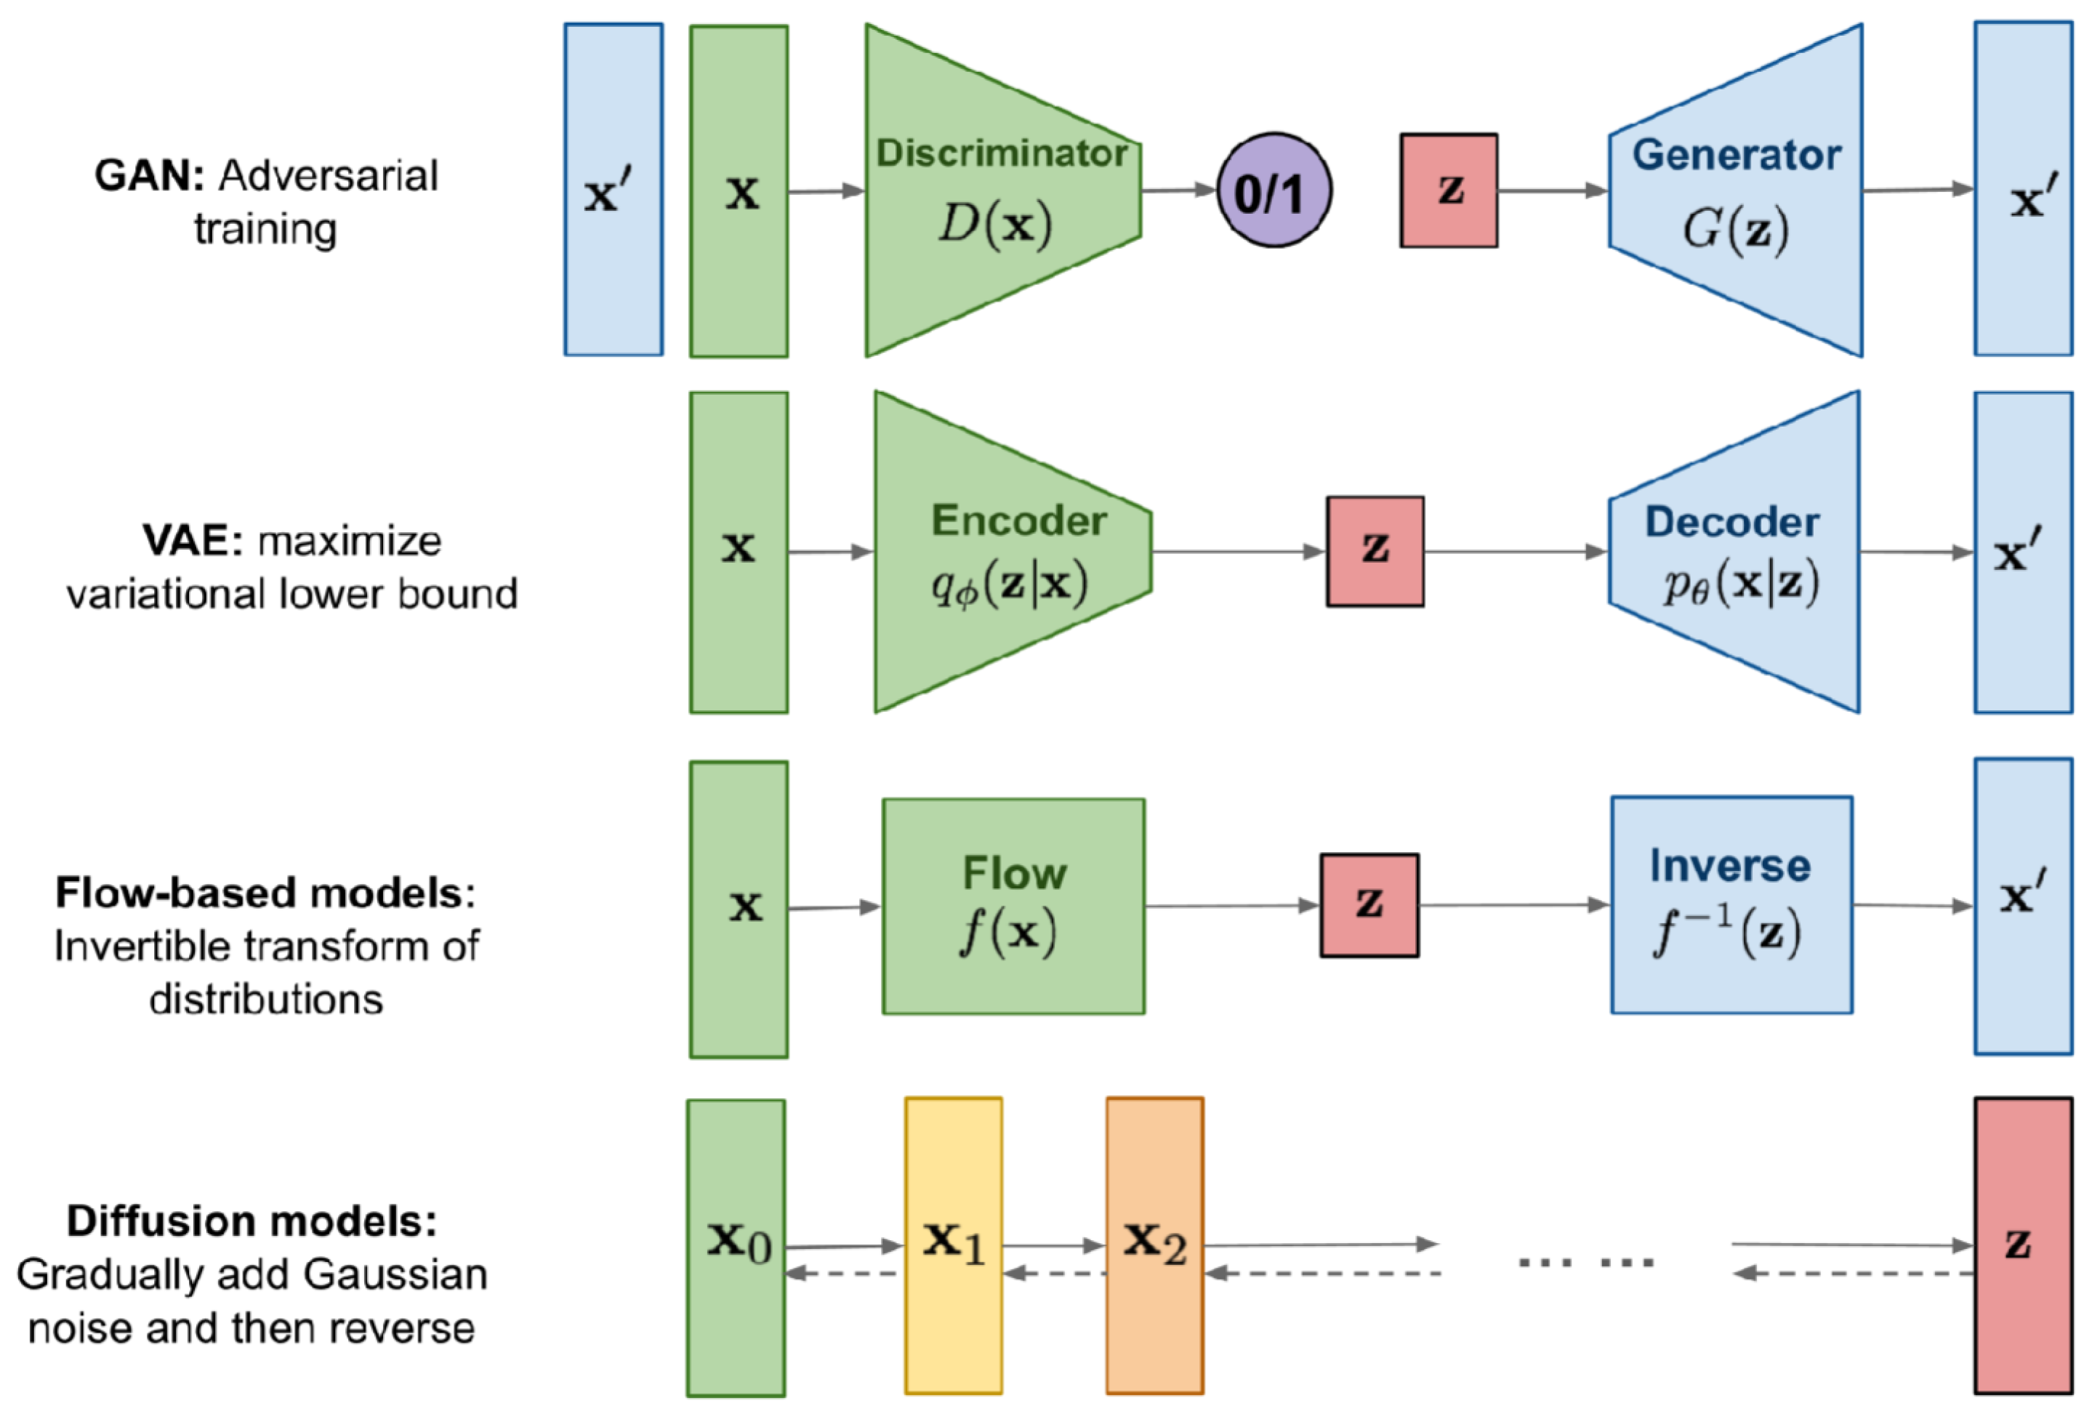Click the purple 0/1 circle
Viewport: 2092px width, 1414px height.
pyautogui.click(x=1274, y=190)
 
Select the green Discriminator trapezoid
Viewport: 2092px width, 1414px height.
pyautogui.click(x=1003, y=190)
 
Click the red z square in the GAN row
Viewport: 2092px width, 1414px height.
pyautogui.click(x=1449, y=190)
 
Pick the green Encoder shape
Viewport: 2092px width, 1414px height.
pyautogui.click(x=1013, y=552)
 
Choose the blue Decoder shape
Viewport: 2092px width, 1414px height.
pyautogui.click(x=1734, y=552)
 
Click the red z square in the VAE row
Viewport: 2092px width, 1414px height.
pyautogui.click(x=1375, y=551)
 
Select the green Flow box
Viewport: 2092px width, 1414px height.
pyautogui.click(x=1013, y=907)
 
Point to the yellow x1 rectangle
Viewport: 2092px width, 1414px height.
pyautogui.click(x=953, y=1245)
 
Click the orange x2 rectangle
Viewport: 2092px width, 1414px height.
pyautogui.click(x=1155, y=1245)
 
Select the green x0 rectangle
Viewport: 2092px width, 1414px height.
pyautogui.click(x=736, y=1248)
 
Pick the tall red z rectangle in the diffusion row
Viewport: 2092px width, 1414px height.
pyautogui.click(x=2024, y=1245)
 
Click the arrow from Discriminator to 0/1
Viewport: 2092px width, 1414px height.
pyautogui.click(x=1179, y=190)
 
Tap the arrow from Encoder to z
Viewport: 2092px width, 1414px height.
pyautogui.click(x=1239, y=552)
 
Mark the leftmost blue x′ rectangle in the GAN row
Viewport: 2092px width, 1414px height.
pyautogui.click(x=614, y=189)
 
